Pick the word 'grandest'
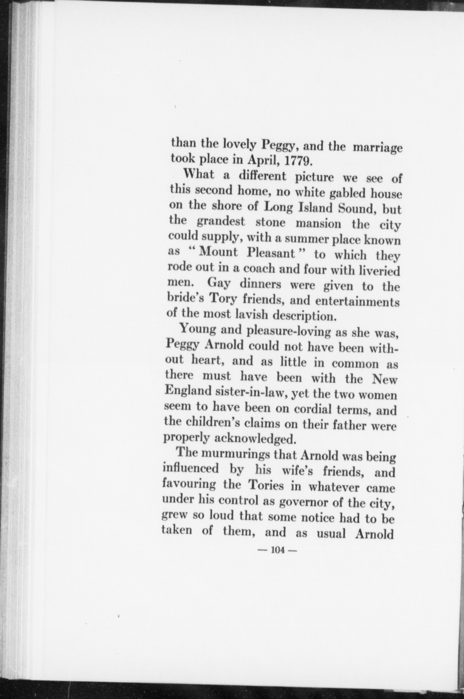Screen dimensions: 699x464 (x=221, y=223)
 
